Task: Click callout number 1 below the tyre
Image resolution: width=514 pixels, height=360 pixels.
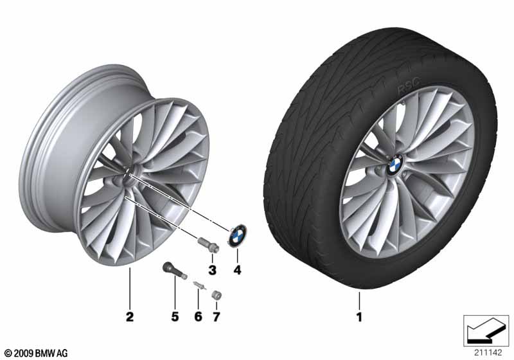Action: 360,317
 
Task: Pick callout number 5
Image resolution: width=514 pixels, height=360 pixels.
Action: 172,316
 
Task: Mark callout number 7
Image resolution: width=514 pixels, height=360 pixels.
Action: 216,316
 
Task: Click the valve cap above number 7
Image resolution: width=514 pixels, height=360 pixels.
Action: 216,293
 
